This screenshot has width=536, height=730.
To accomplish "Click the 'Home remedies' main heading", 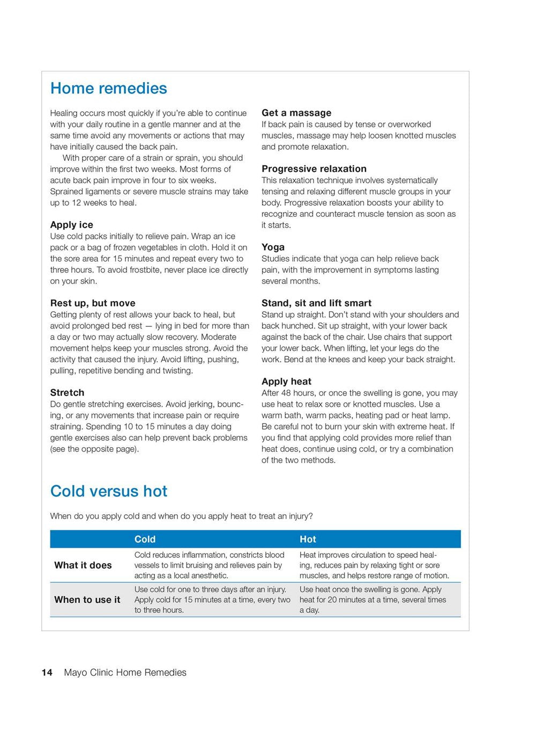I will [108, 89].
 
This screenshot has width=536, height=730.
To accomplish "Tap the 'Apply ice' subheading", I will [71, 225].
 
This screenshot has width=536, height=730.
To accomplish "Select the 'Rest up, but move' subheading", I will [93, 303].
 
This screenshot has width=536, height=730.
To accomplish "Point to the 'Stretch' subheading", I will [67, 392].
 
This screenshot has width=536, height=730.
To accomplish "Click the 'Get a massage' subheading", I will [296, 113].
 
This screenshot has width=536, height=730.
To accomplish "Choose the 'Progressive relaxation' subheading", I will [314, 169].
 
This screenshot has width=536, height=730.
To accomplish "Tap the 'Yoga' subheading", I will [273, 247].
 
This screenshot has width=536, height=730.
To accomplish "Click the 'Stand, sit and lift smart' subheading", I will [316, 303].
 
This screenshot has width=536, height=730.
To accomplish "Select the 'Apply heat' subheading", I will [286, 382].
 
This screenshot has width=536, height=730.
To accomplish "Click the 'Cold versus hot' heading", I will [109, 491].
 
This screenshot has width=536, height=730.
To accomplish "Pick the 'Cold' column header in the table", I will [145, 539].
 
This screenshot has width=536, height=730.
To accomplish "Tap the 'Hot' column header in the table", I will [308, 539].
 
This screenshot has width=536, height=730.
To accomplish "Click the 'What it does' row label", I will [83, 565].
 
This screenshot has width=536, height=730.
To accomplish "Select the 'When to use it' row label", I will [87, 600].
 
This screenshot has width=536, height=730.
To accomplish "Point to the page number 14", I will [47, 673].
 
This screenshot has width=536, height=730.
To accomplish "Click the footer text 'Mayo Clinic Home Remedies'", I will [125, 673].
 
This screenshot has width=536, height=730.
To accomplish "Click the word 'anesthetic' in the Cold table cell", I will [209, 575].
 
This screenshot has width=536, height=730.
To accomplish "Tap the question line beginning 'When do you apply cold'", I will [181, 516].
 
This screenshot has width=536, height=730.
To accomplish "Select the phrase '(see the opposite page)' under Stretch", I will [94, 449].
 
